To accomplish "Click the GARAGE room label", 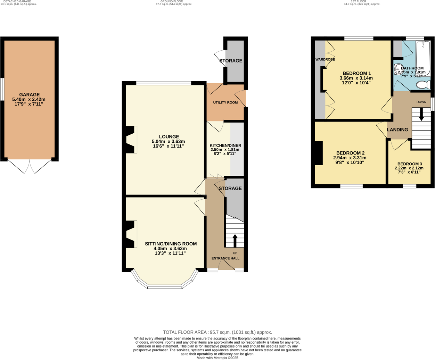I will click(29, 94).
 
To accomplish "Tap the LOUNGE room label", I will click(169, 137).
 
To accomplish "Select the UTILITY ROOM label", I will click(225, 103).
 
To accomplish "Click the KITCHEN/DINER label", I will click(225, 145).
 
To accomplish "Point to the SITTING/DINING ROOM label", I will click(171, 244).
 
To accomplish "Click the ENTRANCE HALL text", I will click(225, 258).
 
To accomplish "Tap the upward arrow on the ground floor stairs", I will click(235, 240).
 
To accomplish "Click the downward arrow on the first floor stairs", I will click(421, 114).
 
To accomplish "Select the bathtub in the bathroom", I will click(423, 57).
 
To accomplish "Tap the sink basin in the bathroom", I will click(398, 69).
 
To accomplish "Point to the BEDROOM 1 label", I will click(356, 73).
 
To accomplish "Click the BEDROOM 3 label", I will click(409, 164).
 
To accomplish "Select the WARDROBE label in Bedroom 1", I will click(325, 59).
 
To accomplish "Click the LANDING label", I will click(397, 129).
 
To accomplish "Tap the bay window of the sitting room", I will click(165, 286).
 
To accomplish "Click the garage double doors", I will click(30, 167).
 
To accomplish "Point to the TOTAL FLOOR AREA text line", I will click(217, 332).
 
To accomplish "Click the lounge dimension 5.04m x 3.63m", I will click(168, 142).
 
